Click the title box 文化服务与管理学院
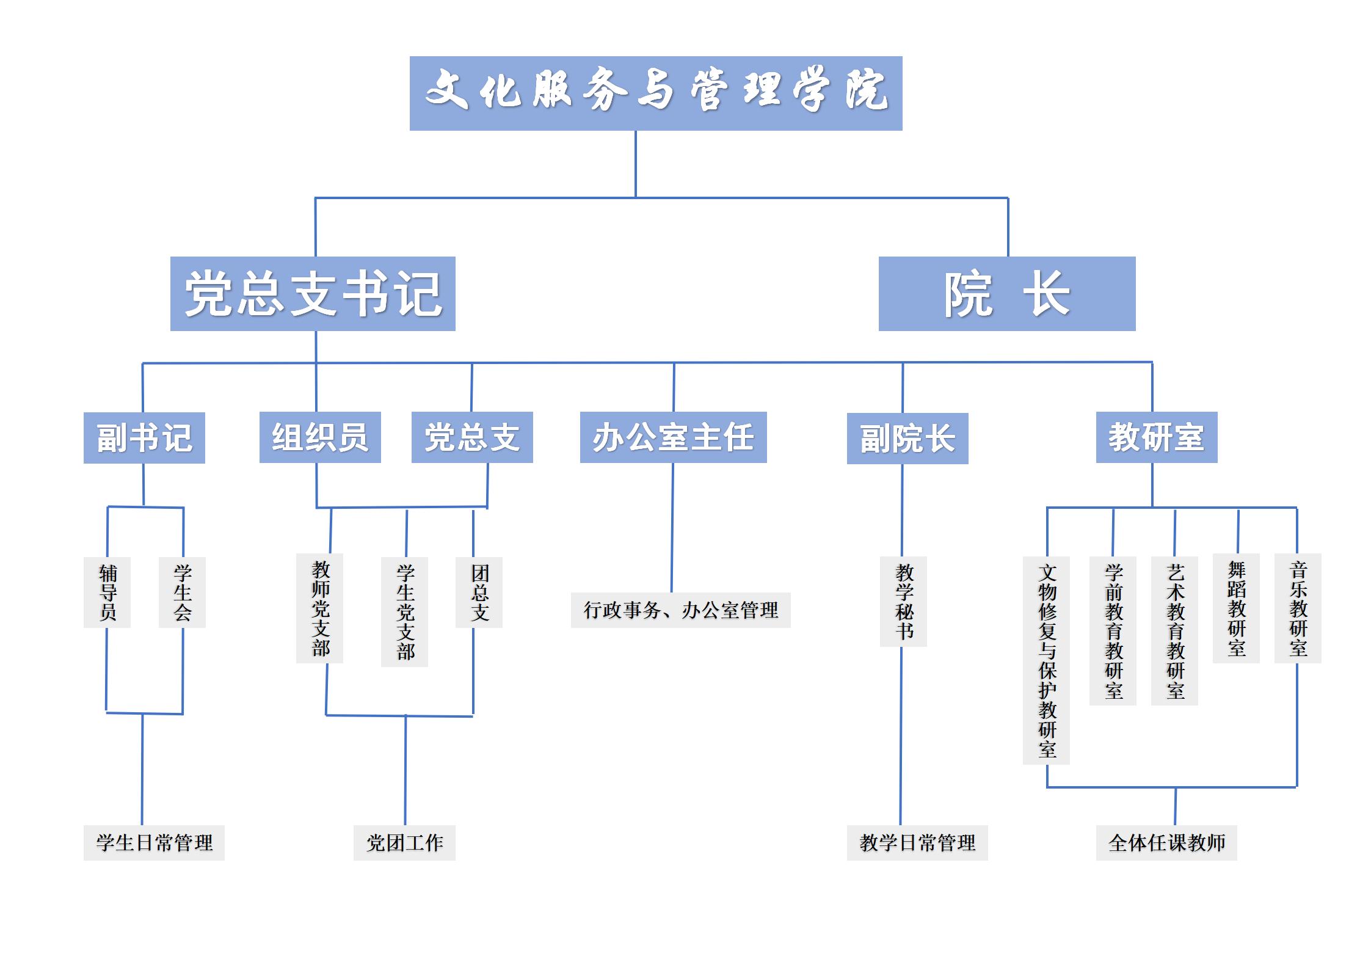[655, 93]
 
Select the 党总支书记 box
[313, 294]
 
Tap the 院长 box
[1006, 294]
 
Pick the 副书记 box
[144, 438]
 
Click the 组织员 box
[320, 437]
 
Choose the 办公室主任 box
[673, 437]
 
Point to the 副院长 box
[907, 439]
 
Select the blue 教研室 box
[1156, 437]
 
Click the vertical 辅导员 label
[107, 592]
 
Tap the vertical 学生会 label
[182, 592]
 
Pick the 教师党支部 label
[320, 608]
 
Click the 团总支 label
[479, 592]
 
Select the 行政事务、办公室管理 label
[680, 610]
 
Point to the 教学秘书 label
[904, 601]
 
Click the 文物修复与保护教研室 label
[1047, 660]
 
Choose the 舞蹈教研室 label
[1236, 608]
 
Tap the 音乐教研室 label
[1298, 608]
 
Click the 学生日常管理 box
[154, 843]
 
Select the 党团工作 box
[404, 843]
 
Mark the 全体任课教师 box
[1166, 843]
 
